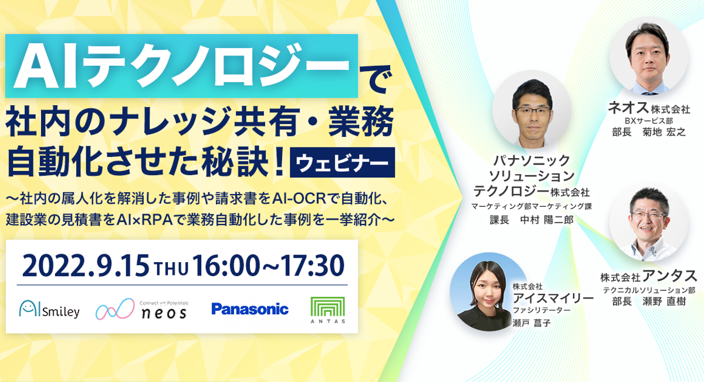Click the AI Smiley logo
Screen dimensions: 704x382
tap(49, 309)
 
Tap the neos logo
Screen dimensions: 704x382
tap(142, 309)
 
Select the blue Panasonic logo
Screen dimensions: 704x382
tap(250, 309)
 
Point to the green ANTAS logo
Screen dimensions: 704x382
tap(328, 310)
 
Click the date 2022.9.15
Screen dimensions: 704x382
tap(86, 266)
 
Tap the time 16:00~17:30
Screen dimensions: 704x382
tap(268, 266)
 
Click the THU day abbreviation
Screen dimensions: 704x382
tap(171, 270)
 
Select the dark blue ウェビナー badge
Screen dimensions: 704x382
tap(342, 163)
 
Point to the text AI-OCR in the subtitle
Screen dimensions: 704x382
tap(299, 199)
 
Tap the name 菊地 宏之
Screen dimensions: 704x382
tap(664, 132)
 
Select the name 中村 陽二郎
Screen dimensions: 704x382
tap(547, 219)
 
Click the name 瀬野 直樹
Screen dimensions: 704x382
tap(664, 301)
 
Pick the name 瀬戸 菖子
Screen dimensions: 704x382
tap(532, 323)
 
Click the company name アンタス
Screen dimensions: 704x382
tap(669, 276)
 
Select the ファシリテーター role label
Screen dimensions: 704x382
tap(541, 310)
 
